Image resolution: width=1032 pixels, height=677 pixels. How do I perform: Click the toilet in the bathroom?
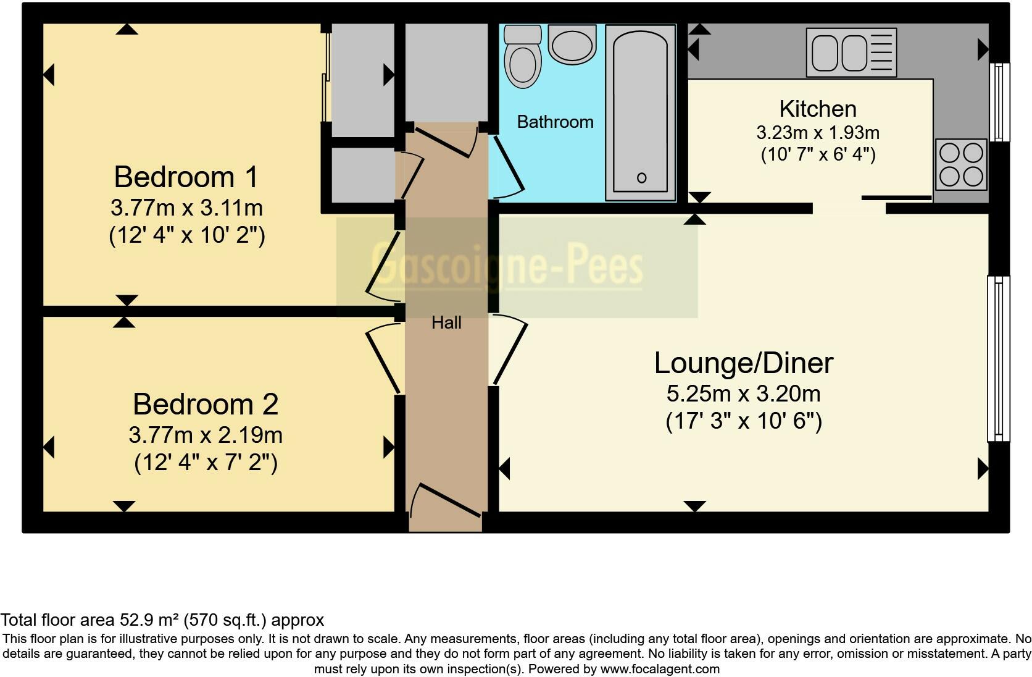(522, 56)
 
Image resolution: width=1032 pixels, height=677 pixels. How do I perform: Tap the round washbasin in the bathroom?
(572, 45)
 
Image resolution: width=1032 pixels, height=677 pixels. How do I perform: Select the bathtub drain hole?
(641, 177)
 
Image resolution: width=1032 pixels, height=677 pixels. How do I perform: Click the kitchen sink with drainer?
(851, 52)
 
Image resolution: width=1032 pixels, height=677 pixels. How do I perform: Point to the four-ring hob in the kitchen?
(961, 165)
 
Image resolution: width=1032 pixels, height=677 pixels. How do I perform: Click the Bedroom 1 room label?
(186, 177)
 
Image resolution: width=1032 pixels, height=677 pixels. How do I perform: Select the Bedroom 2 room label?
(206, 405)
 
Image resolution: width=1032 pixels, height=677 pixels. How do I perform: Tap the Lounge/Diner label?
(744, 363)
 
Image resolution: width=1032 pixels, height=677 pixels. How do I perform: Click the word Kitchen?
(818, 109)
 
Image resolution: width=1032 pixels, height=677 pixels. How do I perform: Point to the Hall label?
(446, 323)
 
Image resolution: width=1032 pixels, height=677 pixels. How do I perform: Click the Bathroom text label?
(555, 122)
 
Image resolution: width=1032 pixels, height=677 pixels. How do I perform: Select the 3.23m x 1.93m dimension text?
(818, 133)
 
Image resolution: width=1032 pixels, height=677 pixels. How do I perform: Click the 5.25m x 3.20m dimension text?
(744, 394)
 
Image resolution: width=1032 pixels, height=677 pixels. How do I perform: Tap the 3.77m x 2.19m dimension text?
(206, 435)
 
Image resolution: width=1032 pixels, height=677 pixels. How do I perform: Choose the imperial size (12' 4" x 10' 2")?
(187, 236)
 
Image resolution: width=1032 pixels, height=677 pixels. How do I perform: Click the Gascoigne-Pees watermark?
(507, 266)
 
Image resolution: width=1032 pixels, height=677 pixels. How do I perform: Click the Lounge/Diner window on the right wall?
(999, 359)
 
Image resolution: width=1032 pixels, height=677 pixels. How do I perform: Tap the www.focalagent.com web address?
(660, 669)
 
